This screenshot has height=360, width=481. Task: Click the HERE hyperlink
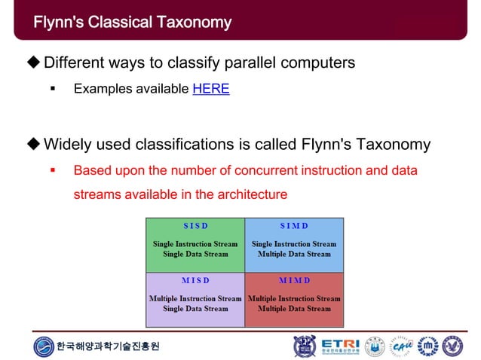(x=211, y=89)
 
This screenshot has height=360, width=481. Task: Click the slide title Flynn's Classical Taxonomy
(x=132, y=22)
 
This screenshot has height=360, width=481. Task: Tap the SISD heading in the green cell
(x=195, y=226)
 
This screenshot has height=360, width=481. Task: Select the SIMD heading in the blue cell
(x=294, y=226)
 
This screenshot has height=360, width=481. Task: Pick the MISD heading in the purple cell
(x=195, y=280)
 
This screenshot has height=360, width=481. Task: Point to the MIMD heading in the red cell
(x=294, y=280)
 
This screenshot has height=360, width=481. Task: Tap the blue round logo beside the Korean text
(x=44, y=346)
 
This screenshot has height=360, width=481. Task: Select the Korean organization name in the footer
(x=108, y=346)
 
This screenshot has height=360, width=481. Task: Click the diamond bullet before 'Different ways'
(x=33, y=63)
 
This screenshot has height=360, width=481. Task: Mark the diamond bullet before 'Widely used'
(x=33, y=144)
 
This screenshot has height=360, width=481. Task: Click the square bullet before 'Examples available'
(x=53, y=90)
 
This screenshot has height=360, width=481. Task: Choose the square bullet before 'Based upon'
(x=53, y=171)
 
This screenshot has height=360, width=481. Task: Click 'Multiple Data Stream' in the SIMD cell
(x=294, y=255)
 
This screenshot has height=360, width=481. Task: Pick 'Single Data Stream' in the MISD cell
(x=195, y=309)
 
